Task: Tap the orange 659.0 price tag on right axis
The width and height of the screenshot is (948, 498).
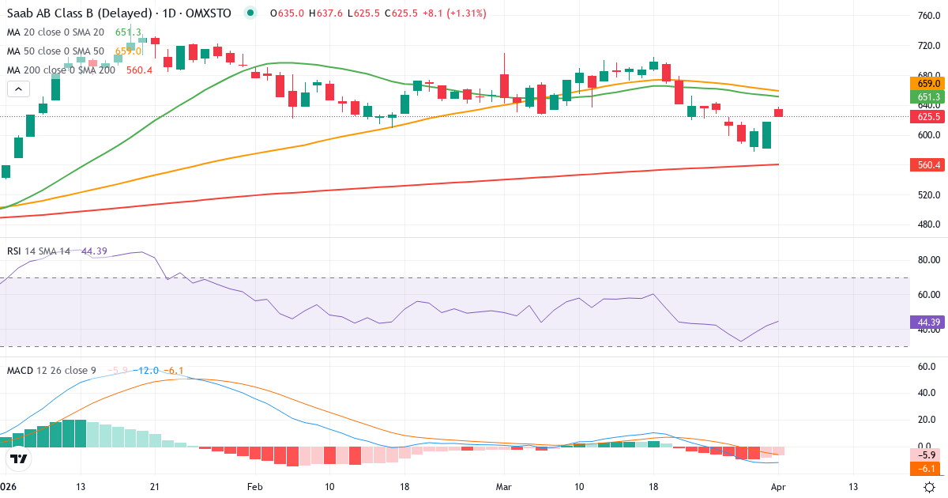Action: pyautogui.click(x=928, y=83)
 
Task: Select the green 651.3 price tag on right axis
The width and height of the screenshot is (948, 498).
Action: pyautogui.click(x=928, y=97)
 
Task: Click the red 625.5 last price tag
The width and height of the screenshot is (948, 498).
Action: pyautogui.click(x=928, y=116)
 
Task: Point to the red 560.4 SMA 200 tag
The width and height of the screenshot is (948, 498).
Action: pyautogui.click(x=928, y=165)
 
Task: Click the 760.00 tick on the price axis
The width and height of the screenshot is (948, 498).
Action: pyautogui.click(x=928, y=16)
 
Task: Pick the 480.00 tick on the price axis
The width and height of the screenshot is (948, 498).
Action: pyautogui.click(x=928, y=224)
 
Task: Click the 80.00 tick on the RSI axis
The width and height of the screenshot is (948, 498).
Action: pyautogui.click(x=928, y=259)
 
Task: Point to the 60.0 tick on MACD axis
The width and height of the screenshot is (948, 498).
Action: pyautogui.click(x=928, y=367)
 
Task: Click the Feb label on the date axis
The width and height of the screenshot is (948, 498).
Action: pyautogui.click(x=254, y=487)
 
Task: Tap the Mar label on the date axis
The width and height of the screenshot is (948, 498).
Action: pyautogui.click(x=504, y=487)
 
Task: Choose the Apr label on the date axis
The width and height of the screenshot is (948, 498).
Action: pyautogui.click(x=778, y=487)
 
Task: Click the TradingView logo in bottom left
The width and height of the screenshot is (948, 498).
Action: pyautogui.click(x=18, y=458)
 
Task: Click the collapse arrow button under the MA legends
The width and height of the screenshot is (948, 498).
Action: pyautogui.click(x=18, y=89)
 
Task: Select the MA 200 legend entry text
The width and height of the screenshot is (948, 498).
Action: pyautogui.click(x=62, y=70)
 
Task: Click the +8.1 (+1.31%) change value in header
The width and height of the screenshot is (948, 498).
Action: pyautogui.click(x=455, y=13)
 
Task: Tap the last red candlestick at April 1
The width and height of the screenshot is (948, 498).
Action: pyautogui.click(x=778, y=113)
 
